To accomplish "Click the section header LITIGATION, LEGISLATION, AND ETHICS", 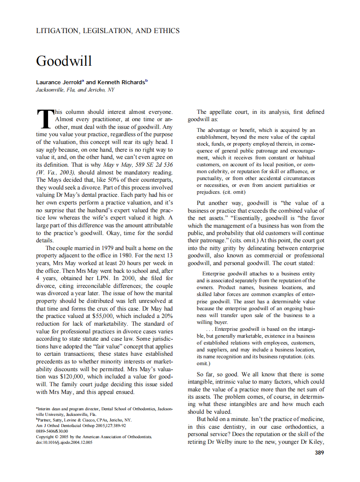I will [107, 31].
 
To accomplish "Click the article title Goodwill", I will [64, 61].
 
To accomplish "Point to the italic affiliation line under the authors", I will [75, 90].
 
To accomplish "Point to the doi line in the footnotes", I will [64, 442].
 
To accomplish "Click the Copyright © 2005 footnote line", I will [94, 436].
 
